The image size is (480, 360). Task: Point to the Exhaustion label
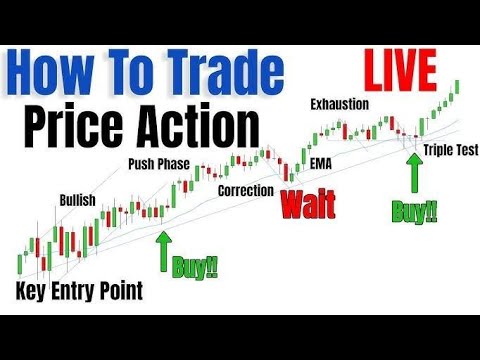[340, 104]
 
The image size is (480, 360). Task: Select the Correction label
[245, 187]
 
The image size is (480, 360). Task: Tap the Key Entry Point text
[80, 291]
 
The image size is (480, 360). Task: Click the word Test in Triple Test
[467, 150]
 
